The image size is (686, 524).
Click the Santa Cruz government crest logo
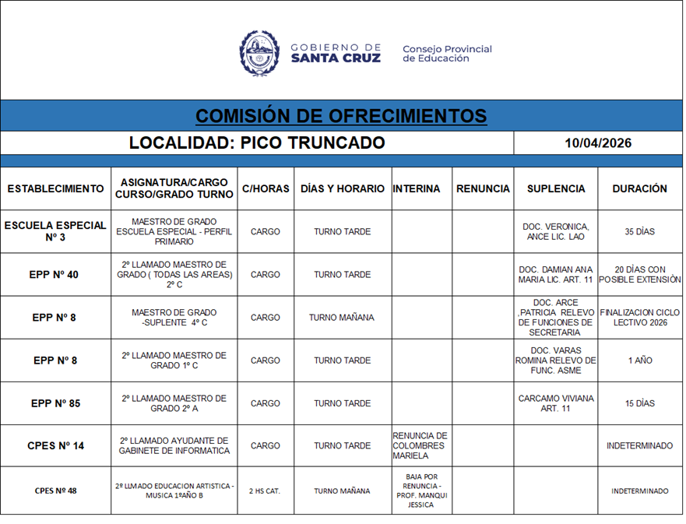(x=259, y=53)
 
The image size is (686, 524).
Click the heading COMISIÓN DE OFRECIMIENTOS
(x=341, y=116)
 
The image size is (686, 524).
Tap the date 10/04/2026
(x=598, y=143)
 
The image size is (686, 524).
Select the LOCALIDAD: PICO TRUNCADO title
(x=257, y=143)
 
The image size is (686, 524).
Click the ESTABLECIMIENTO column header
(x=55, y=188)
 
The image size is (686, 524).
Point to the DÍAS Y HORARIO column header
(x=343, y=188)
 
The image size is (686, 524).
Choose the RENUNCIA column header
(x=483, y=188)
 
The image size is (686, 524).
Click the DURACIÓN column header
(x=639, y=188)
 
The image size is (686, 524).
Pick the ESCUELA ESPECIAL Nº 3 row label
(x=55, y=231)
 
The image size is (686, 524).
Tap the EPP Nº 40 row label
(x=55, y=275)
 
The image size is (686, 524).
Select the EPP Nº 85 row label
(x=55, y=403)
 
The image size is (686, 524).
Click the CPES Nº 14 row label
(x=55, y=446)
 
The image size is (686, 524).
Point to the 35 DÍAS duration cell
(x=639, y=232)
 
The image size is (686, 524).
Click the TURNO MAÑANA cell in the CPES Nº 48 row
(x=343, y=491)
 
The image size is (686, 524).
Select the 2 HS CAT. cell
(x=265, y=491)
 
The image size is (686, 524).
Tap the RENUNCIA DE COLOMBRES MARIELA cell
(x=420, y=446)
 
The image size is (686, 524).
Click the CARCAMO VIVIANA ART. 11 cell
(x=555, y=403)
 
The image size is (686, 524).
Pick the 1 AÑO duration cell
(x=639, y=360)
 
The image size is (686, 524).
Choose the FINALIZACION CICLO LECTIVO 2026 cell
(x=639, y=318)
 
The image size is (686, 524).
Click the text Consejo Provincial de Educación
(x=447, y=54)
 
